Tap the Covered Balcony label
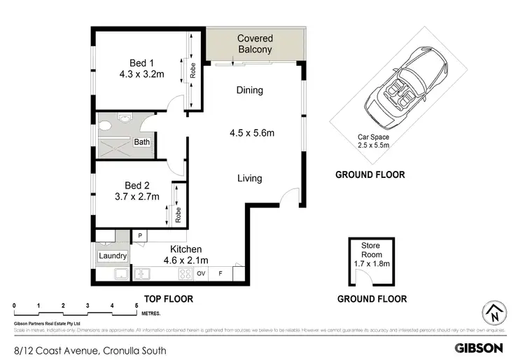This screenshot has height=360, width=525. pyautogui.click(x=254, y=43)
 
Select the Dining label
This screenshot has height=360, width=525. pyautogui.click(x=249, y=90)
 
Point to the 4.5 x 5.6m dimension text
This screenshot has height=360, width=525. pyautogui.click(x=252, y=133)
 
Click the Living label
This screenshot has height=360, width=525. pyautogui.click(x=249, y=178)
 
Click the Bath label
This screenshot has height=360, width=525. pyautogui.click(x=142, y=142)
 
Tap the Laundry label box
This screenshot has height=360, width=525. pyautogui.click(x=113, y=256)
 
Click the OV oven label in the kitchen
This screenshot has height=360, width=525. pyautogui.click(x=201, y=273)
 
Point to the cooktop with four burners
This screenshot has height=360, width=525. pyautogui.click(x=187, y=273)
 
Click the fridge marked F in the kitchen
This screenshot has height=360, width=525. pyautogui.click(x=220, y=273)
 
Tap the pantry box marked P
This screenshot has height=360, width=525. pyautogui.click(x=140, y=236)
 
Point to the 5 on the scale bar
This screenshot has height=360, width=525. pyautogui.click(x=136, y=306)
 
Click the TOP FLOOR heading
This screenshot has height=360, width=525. pyautogui.click(x=168, y=299)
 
